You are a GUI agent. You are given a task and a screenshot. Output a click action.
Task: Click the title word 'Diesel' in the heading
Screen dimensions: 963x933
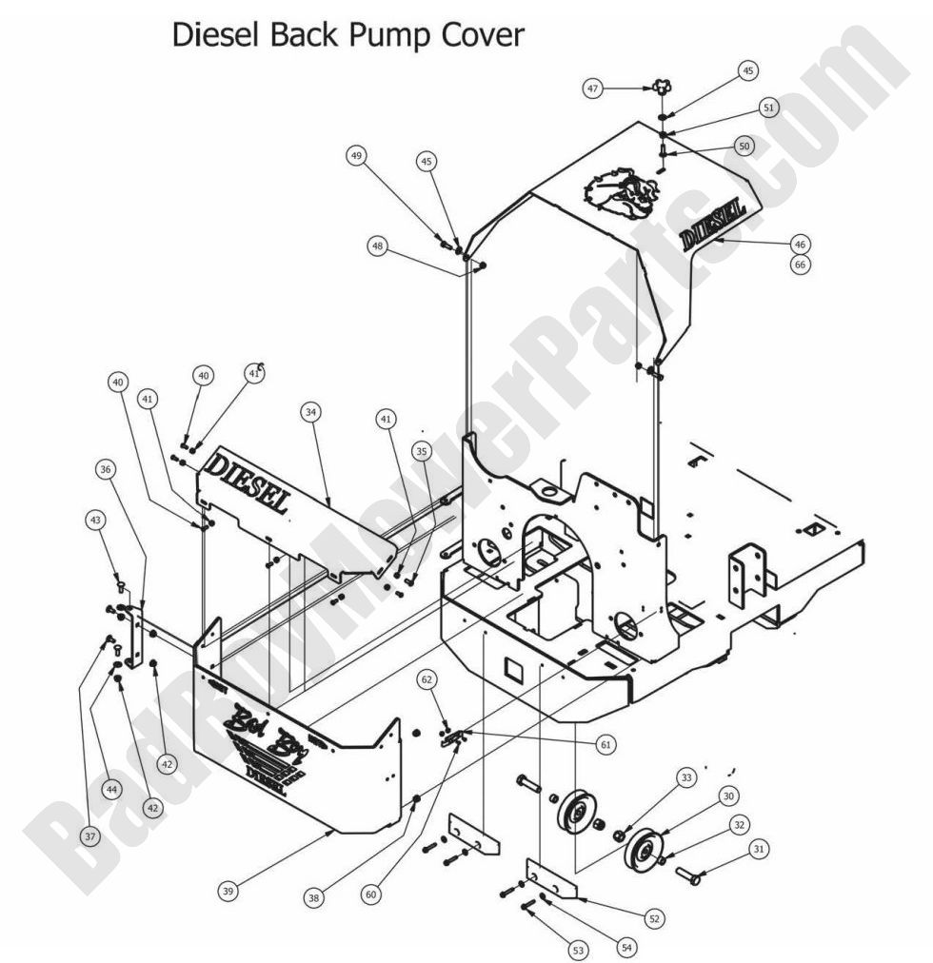(215, 35)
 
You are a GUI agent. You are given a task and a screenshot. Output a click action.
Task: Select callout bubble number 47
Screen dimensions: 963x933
(593, 88)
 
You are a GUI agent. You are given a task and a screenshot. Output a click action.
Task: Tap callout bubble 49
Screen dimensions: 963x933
(357, 156)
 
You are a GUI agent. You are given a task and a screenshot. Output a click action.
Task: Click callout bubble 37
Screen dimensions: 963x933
(89, 835)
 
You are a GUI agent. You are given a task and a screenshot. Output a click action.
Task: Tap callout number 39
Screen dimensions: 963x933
(228, 892)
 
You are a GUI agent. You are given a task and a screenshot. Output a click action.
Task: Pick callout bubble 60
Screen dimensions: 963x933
(370, 894)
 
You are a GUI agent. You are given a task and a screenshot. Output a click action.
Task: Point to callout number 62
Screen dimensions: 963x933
(427, 679)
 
